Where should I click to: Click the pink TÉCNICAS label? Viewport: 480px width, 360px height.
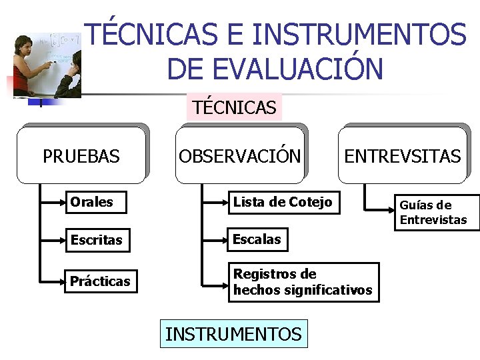click(234, 107)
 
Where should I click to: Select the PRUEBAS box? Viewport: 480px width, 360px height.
click(81, 156)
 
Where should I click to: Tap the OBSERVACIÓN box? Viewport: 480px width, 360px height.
click(239, 156)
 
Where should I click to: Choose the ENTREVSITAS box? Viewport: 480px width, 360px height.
click(402, 156)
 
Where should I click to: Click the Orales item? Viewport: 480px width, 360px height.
click(95, 202)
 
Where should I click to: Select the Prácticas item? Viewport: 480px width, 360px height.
click(101, 281)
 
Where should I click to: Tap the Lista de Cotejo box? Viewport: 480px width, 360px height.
click(283, 202)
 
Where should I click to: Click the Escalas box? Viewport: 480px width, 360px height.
click(257, 239)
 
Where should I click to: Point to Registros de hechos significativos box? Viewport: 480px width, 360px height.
click(303, 282)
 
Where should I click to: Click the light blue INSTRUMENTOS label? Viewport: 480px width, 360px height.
click(233, 334)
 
